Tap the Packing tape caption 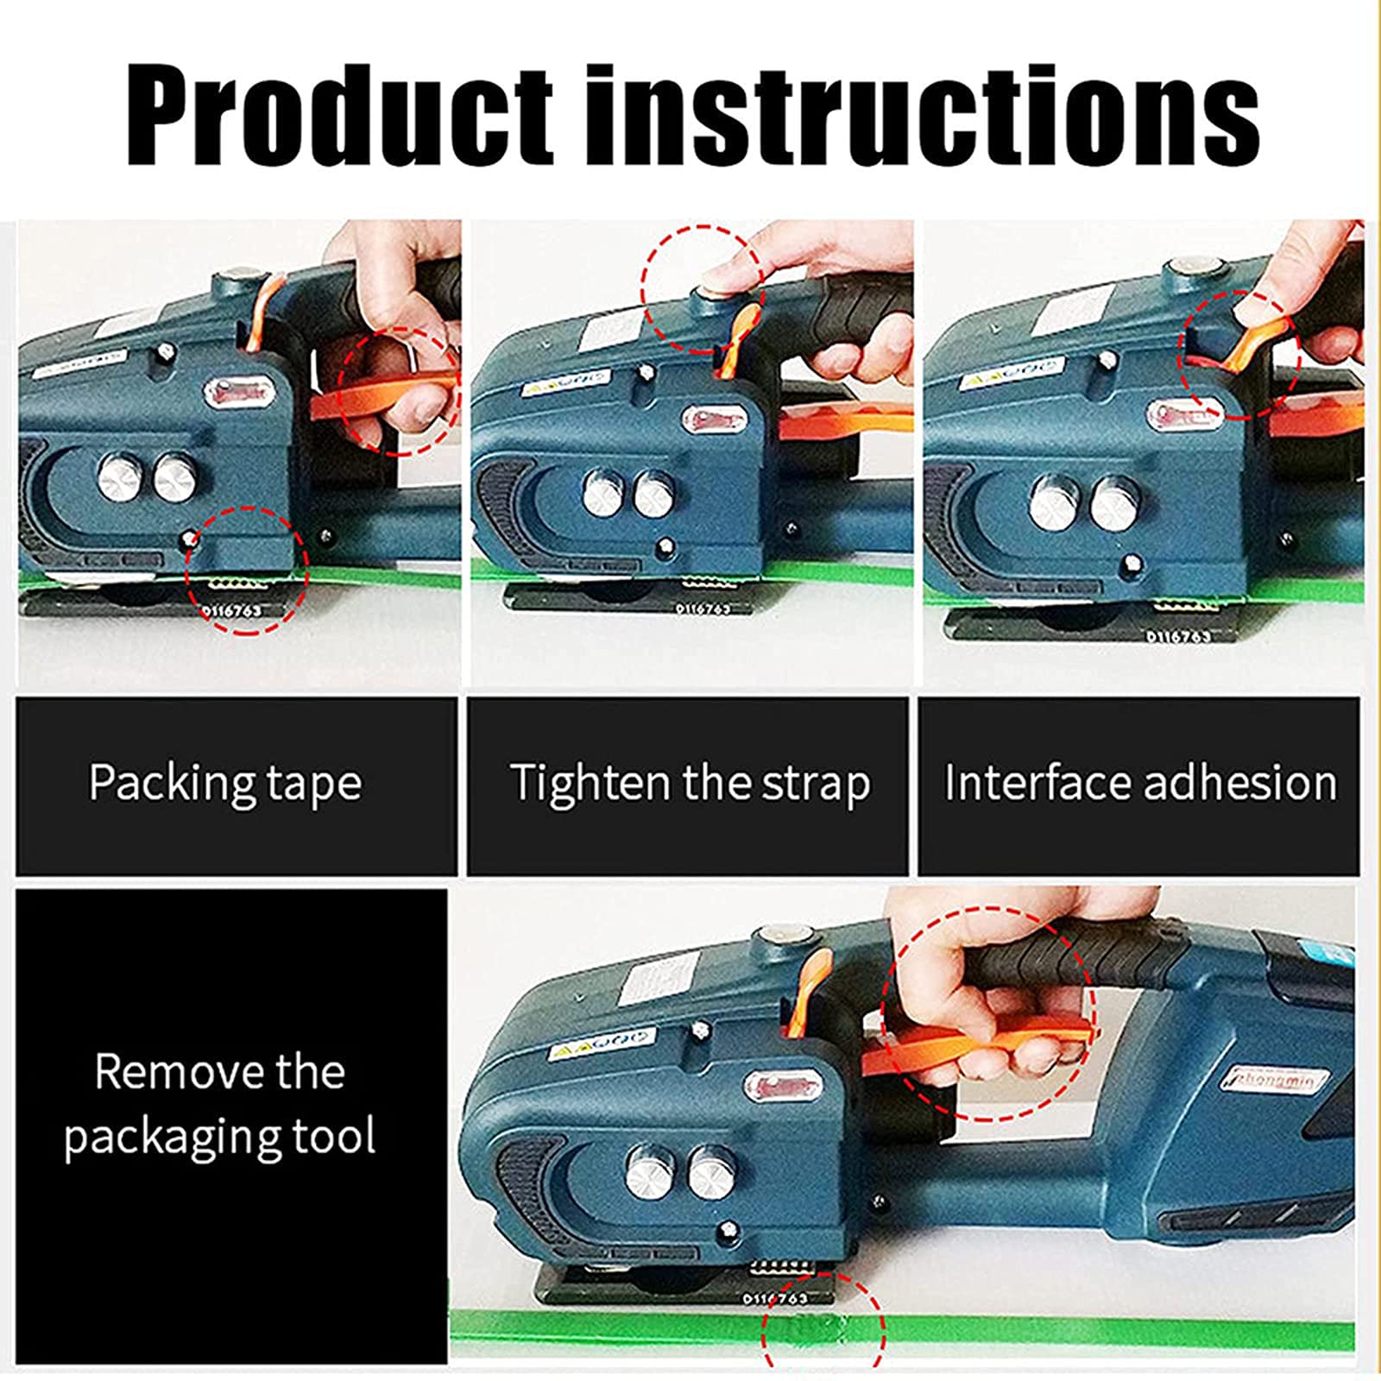pos(225,783)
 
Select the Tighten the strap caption pos(689,783)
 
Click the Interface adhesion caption pos(1139,783)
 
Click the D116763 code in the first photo pos(230,610)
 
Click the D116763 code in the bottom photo pos(776,1297)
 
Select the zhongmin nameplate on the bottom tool pos(1267,1081)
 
